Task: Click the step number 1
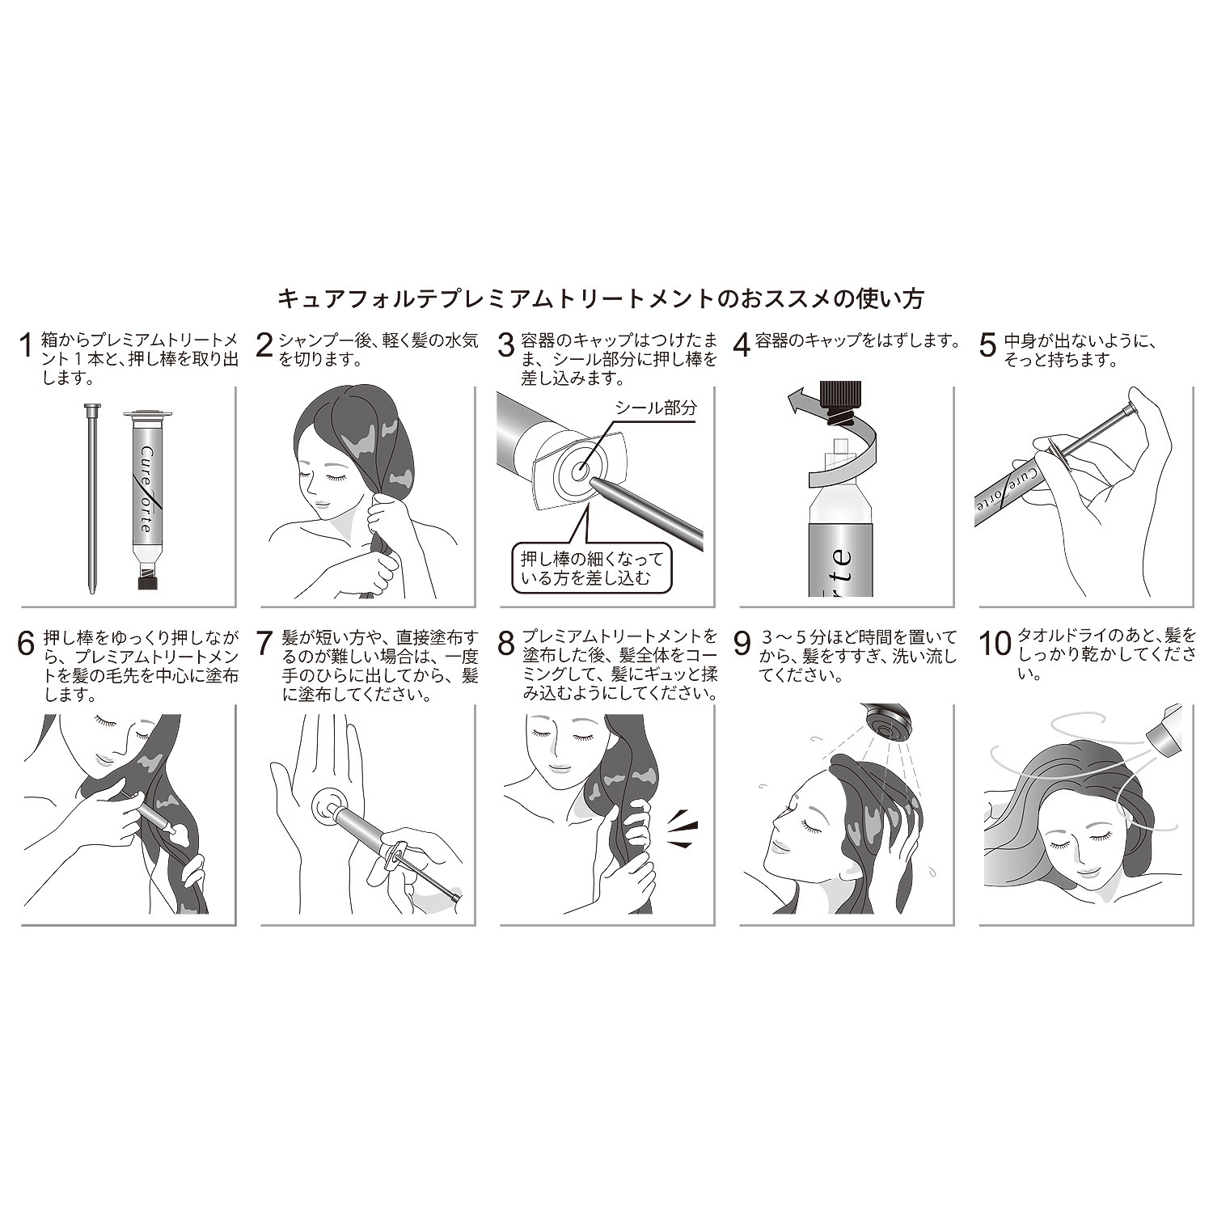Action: point(27,344)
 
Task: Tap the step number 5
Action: point(987,344)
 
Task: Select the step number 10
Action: point(995,644)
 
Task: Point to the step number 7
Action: point(266,644)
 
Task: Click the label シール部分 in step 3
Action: point(655,409)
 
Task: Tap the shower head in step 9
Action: point(886,723)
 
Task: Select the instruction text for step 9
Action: point(857,655)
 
